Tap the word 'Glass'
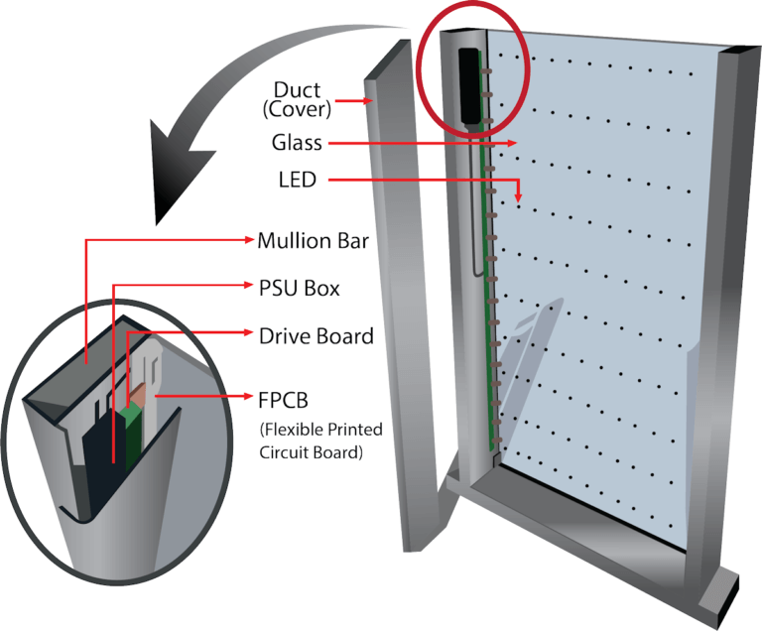[297, 142]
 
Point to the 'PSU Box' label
[299, 289]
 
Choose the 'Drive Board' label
[316, 336]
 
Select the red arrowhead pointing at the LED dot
[519, 197]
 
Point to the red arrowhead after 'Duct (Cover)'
[368, 100]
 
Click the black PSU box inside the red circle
[470, 84]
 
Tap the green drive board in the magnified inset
[127, 437]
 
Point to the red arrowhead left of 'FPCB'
[249, 397]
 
